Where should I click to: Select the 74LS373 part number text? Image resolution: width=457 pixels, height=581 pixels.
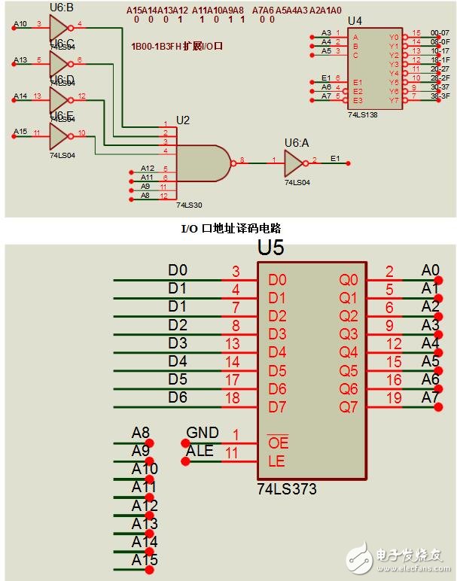coord(287,489)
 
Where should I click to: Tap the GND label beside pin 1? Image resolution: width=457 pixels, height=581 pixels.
coord(203,433)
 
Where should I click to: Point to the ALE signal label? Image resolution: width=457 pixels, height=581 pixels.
coord(200,451)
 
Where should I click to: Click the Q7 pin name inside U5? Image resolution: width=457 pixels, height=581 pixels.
coord(349,407)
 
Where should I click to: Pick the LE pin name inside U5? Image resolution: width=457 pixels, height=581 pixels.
coord(276,461)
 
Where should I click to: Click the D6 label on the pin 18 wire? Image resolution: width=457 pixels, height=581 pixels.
coord(178,397)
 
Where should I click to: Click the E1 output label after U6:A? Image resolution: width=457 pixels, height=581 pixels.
coord(335,159)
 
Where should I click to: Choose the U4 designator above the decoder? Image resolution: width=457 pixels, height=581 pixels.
coord(355,20)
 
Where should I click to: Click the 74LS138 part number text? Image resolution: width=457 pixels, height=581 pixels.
coord(362,115)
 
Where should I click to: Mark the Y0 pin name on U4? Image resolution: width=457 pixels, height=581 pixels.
coord(393,36)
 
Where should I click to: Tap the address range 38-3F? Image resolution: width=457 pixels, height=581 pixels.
coord(440,97)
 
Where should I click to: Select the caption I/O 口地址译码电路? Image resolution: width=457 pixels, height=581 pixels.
coord(228,228)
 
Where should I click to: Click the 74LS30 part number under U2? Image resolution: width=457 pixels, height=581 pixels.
coord(188,204)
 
